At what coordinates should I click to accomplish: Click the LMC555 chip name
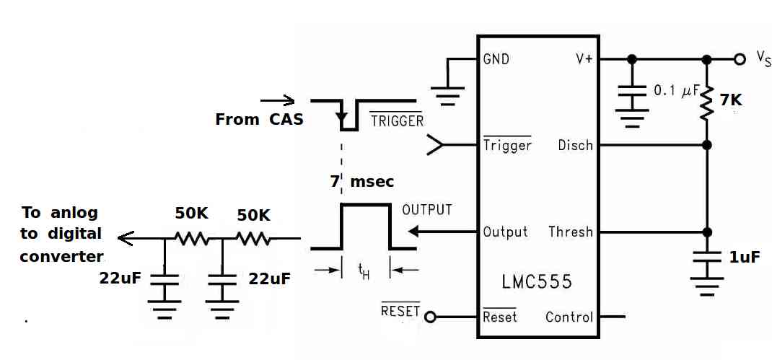tap(537, 281)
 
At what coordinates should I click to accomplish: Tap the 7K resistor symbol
tap(707, 103)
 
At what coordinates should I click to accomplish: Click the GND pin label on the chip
tap(496, 60)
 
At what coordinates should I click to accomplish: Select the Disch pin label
tap(575, 146)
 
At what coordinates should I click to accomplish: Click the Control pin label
tap(569, 317)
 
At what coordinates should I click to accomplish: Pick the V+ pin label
tap(584, 60)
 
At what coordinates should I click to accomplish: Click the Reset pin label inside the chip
tap(500, 317)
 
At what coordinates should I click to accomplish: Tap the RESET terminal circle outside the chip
tap(430, 317)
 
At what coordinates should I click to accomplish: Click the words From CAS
tap(259, 120)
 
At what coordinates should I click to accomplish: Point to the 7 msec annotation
tap(362, 182)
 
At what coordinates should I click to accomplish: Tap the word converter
tap(62, 257)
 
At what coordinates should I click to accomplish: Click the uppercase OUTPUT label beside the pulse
tap(427, 210)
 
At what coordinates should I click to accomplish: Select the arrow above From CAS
tap(277, 102)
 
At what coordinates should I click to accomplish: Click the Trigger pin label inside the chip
tap(507, 145)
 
